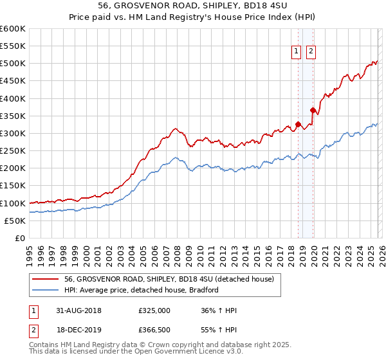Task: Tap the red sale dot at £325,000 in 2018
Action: coord(298,124)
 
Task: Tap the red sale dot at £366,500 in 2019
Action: coord(313,110)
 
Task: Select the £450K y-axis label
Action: coord(12,81)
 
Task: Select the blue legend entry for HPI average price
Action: coord(142,290)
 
